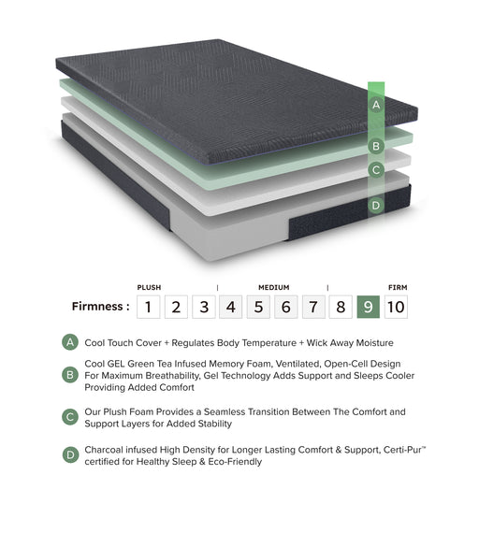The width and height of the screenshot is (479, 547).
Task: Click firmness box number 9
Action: tap(369, 306)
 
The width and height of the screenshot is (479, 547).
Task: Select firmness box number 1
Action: tap(148, 306)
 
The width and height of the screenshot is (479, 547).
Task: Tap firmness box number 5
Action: tap(259, 306)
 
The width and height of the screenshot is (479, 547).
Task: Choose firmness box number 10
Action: tap(396, 306)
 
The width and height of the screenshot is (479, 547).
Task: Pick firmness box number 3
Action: tap(204, 306)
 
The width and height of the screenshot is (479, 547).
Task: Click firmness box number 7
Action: tap(314, 306)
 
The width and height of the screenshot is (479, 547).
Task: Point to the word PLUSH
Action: tap(149, 287)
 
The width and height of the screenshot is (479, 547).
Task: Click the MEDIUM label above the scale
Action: tap(273, 287)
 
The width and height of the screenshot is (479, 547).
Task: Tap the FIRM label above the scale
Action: tap(397, 287)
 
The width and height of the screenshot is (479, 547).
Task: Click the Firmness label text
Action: tap(100, 307)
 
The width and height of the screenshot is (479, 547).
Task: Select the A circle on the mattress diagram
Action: tap(376, 106)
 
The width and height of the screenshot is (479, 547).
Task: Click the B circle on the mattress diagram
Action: tap(376, 146)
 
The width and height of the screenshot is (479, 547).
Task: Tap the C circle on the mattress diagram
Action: tap(376, 170)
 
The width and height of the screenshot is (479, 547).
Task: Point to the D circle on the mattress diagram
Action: tap(376, 206)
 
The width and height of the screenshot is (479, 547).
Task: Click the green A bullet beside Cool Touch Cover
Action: tap(70, 342)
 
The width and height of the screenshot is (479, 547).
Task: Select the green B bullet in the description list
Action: tap(70, 375)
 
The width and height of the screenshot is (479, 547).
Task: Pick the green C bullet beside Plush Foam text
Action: tap(70, 417)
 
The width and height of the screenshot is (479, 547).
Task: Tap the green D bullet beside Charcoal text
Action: tap(70, 455)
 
